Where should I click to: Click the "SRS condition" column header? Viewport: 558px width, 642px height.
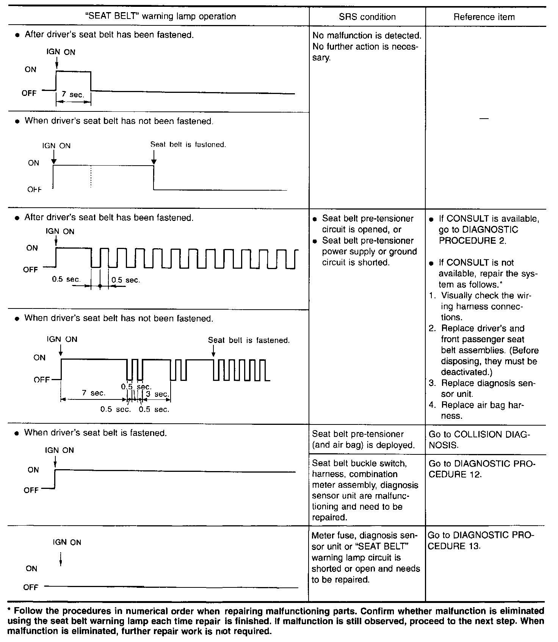(x=367, y=17)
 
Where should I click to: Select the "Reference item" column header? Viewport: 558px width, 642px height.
(x=484, y=17)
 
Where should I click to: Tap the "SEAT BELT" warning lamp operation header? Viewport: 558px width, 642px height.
(x=160, y=16)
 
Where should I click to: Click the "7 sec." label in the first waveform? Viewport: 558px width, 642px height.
(x=73, y=94)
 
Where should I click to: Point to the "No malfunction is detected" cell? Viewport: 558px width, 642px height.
(x=367, y=46)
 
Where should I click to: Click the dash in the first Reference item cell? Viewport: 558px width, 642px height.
(x=484, y=119)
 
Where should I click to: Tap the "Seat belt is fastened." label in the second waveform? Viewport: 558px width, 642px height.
(x=188, y=144)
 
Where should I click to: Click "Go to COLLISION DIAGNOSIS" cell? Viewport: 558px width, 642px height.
(x=480, y=440)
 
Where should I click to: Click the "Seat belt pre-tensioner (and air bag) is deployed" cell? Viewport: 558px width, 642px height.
(x=363, y=440)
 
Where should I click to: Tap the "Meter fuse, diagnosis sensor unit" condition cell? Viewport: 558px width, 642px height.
(x=365, y=557)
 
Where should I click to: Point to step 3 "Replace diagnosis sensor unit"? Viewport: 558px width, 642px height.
(x=483, y=388)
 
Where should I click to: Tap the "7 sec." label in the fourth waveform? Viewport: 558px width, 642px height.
(x=93, y=393)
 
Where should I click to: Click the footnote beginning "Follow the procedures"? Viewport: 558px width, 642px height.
(x=276, y=621)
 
